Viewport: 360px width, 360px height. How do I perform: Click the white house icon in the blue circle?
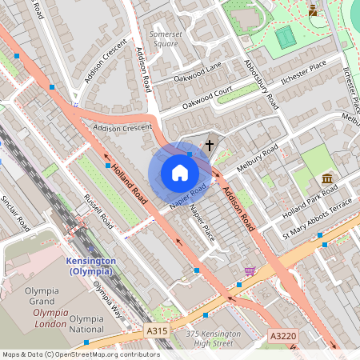(179, 173)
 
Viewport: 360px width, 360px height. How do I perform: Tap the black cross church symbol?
(210, 146)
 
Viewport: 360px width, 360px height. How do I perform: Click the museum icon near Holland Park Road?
(327, 178)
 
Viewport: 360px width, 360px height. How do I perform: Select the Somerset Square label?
(164, 39)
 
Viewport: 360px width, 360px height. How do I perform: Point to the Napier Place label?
(202, 223)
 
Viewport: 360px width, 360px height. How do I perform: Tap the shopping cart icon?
(250, 271)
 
